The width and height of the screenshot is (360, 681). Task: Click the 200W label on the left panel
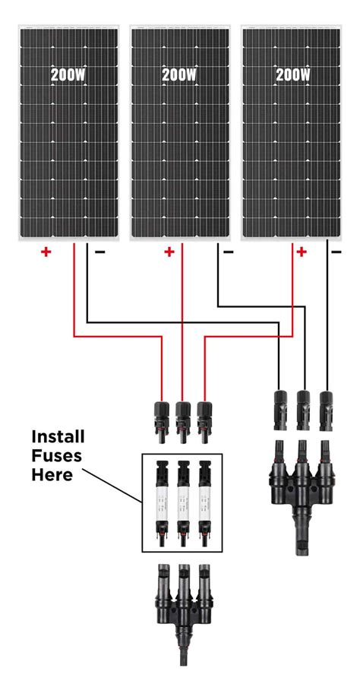pyautogui.click(x=68, y=75)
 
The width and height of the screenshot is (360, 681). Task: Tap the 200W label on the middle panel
pyautogui.click(x=179, y=75)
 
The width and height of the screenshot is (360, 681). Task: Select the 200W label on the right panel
pyautogui.click(x=293, y=75)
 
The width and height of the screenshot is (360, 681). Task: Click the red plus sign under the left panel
pyautogui.click(x=46, y=252)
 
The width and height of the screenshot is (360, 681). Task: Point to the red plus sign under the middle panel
pyautogui.click(x=169, y=252)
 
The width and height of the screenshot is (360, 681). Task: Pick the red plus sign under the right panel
pyautogui.click(x=302, y=252)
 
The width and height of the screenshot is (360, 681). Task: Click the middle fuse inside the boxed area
pyautogui.click(x=182, y=502)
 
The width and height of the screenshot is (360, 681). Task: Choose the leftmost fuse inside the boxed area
pyautogui.click(x=161, y=502)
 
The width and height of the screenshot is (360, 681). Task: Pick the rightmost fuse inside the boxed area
pyautogui.click(x=203, y=502)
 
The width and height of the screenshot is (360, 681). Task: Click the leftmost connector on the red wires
pyautogui.click(x=161, y=420)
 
